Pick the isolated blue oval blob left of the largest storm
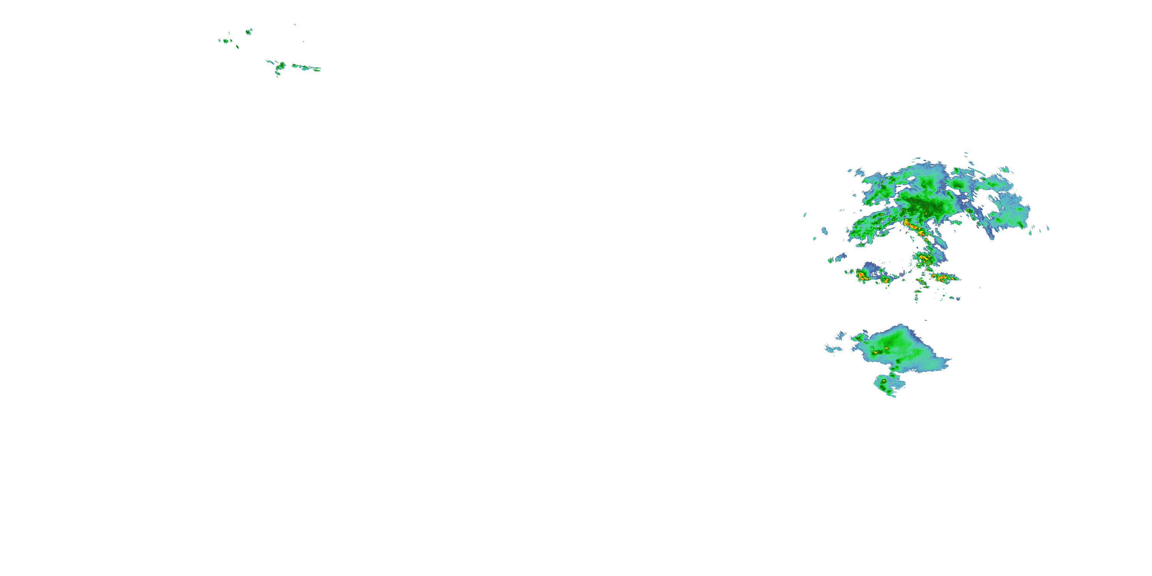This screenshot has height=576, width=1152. [825, 231]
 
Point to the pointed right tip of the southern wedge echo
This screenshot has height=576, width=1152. [950, 359]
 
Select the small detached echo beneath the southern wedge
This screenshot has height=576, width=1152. [888, 385]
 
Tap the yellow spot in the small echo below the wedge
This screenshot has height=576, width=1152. [884, 381]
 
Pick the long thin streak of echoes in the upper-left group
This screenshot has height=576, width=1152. [306, 68]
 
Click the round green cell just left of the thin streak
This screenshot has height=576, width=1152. [281, 66]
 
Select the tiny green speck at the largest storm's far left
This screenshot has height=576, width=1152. [805, 215]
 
